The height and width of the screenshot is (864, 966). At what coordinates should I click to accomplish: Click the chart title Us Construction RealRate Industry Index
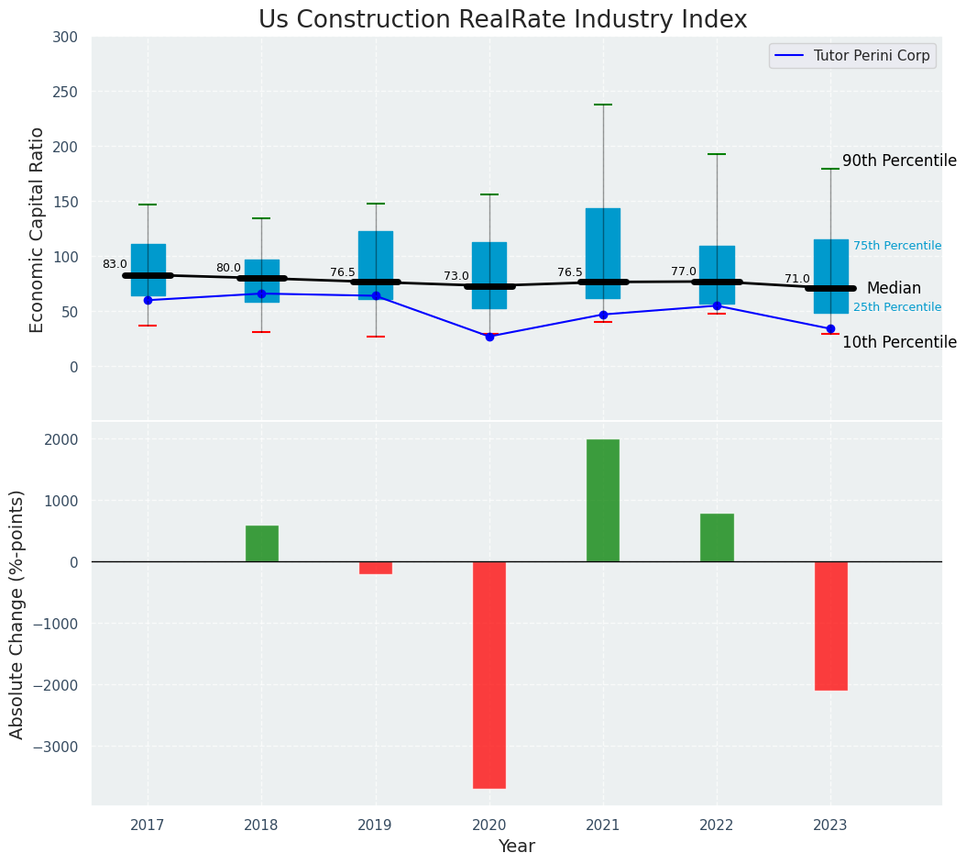pyautogui.click(x=502, y=20)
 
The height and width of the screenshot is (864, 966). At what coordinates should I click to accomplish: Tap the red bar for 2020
pyautogui.click(x=489, y=674)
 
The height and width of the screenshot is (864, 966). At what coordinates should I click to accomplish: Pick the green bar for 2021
pyautogui.click(x=603, y=501)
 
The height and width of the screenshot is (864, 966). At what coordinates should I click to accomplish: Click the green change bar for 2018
pyautogui.click(x=262, y=544)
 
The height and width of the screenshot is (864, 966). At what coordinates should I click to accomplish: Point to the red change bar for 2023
pyautogui.click(x=830, y=626)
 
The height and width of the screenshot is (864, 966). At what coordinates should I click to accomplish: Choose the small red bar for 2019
pyautogui.click(x=376, y=568)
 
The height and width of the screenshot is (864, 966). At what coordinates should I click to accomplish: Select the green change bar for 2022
pyautogui.click(x=717, y=537)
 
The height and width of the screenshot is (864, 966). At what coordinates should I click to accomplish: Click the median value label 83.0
pyautogui.click(x=115, y=264)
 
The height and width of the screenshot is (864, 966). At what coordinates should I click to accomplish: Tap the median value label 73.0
pyautogui.click(x=456, y=276)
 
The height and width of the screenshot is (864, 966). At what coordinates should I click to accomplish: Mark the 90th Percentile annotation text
pyautogui.click(x=899, y=161)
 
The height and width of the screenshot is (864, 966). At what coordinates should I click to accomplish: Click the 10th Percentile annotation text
pyautogui.click(x=899, y=342)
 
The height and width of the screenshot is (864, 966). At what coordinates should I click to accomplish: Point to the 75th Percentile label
pyautogui.click(x=897, y=246)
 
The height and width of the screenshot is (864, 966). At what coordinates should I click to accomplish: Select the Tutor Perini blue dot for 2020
pyautogui.click(x=489, y=337)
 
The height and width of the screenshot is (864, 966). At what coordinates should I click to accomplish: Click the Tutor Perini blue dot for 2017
pyautogui.click(x=148, y=300)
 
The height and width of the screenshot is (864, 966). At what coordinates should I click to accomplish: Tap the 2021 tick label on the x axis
pyautogui.click(x=603, y=825)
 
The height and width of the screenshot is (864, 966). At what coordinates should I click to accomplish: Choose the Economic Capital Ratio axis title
pyautogui.click(x=38, y=229)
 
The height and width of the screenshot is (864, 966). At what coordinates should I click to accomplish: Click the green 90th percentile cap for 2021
pyautogui.click(x=603, y=105)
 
